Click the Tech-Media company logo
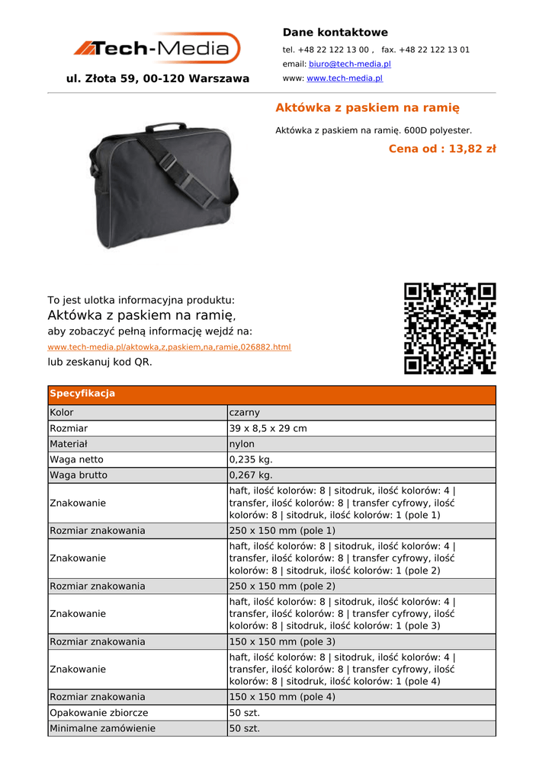pyautogui.click(x=157, y=49)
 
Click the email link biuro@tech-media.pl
pyautogui.click(x=349, y=65)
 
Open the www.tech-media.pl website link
pyautogui.click(x=345, y=78)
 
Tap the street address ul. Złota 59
pyautogui.click(x=158, y=78)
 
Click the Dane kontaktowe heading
pyautogui.click(x=335, y=33)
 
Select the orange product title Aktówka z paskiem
pyautogui.click(x=367, y=108)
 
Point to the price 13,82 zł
pyautogui.click(x=442, y=149)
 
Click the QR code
pyautogui.click(x=450, y=328)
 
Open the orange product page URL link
pyautogui.click(x=169, y=347)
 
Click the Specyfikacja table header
pyautogui.click(x=82, y=394)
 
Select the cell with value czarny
pyautogui.click(x=245, y=413)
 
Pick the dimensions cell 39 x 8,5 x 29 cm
pyautogui.click(x=268, y=429)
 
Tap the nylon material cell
pyautogui.click(x=242, y=444)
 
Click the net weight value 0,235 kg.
pyautogui.click(x=251, y=460)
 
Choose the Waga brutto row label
pyautogui.click(x=79, y=475)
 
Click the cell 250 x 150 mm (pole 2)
pyautogui.click(x=282, y=587)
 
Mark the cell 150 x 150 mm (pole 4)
pyautogui.click(x=282, y=697)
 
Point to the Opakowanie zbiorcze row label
pyautogui.click(x=99, y=713)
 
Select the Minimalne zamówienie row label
pyautogui.click(x=102, y=729)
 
